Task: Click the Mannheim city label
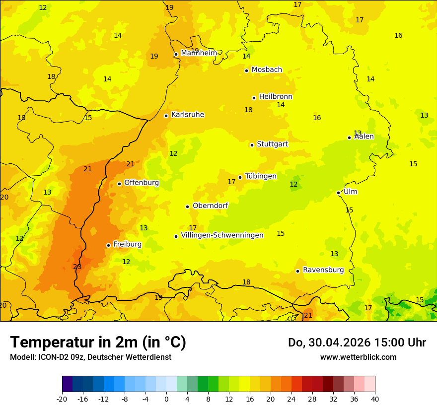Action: point(199,53)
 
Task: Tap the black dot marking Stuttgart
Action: point(252,145)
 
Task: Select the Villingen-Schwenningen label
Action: point(222,235)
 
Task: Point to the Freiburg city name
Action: point(127,244)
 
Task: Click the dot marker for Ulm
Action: point(338,193)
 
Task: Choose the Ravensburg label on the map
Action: point(323,270)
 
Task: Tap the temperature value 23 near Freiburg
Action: point(77,267)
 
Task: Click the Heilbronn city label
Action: point(276,97)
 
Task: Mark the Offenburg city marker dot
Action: point(119,184)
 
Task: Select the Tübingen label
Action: point(260,176)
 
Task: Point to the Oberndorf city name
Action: point(210,206)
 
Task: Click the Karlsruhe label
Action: point(187,115)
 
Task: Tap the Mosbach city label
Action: point(267,70)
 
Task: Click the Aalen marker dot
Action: point(349,137)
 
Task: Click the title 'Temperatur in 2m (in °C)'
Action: point(98,342)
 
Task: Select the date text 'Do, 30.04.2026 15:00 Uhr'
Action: point(357,343)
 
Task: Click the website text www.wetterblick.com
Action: point(358,357)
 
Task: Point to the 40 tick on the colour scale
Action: point(375,399)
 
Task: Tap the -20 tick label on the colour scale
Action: point(62,399)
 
